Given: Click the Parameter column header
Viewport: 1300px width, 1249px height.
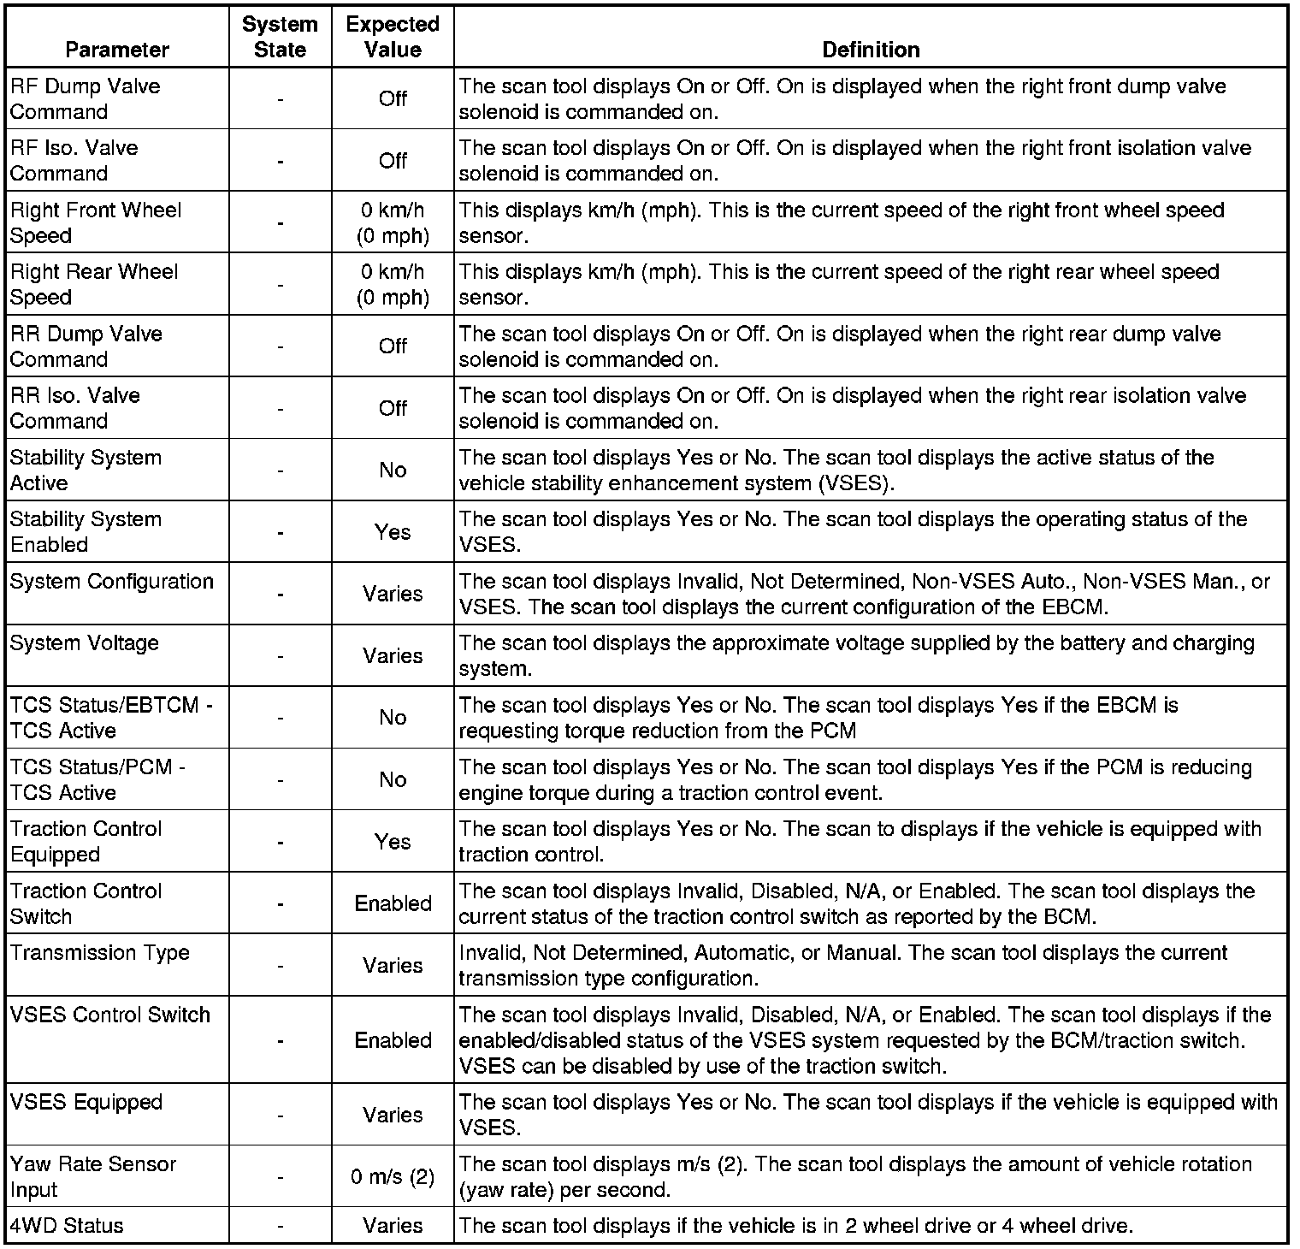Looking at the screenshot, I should tap(117, 50).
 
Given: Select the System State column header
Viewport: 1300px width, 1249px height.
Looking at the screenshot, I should tap(280, 37).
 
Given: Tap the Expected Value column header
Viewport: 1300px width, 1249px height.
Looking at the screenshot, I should tap(393, 37).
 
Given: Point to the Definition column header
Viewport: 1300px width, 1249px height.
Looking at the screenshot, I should tap(870, 50).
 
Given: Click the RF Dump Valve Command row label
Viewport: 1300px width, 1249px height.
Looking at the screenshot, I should tap(85, 99).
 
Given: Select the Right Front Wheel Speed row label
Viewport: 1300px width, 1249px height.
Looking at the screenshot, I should tap(96, 222).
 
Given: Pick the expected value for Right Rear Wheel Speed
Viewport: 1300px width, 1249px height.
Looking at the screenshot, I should tap(393, 284).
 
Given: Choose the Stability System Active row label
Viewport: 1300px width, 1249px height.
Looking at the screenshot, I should tap(86, 470).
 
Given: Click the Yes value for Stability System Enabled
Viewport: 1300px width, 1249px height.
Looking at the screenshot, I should tap(393, 532).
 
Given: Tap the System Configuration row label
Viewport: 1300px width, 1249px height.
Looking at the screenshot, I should tap(112, 582).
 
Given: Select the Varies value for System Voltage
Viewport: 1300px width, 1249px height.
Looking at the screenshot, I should tap(393, 656).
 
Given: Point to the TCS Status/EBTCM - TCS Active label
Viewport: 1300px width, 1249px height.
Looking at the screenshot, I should tap(111, 718).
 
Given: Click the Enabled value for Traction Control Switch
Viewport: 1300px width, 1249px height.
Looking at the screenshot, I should tap(393, 903).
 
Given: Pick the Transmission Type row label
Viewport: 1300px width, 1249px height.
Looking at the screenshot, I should tap(100, 953).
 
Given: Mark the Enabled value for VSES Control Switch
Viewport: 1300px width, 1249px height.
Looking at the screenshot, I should tap(393, 1040).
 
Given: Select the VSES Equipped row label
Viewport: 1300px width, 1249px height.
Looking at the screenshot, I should tap(86, 1102).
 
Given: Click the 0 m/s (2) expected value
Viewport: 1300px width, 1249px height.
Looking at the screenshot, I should tap(393, 1177).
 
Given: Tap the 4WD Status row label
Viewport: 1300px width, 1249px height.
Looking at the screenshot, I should tap(67, 1226).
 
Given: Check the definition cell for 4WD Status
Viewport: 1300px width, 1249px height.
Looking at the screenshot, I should tap(795, 1226).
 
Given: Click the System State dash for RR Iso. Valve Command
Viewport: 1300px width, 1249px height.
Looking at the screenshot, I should tap(280, 409).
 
